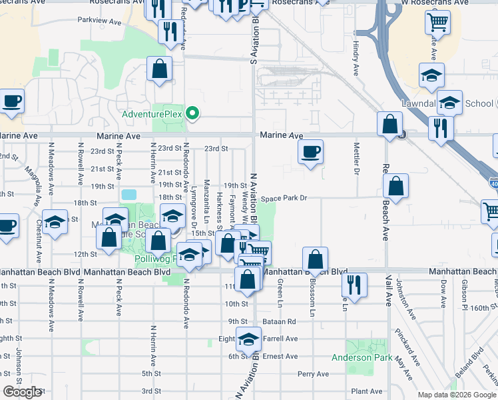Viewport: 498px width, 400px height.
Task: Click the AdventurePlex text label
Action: (x=151, y=114)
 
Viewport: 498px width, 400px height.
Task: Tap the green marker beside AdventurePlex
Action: (x=192, y=113)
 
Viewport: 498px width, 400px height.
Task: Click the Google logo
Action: (x=22, y=392)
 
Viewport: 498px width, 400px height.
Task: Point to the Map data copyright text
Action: (x=456, y=395)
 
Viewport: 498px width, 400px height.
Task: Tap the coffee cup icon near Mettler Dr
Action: (x=310, y=152)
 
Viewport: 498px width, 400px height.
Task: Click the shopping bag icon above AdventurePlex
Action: (x=160, y=69)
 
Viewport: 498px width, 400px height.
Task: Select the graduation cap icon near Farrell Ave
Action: (x=248, y=340)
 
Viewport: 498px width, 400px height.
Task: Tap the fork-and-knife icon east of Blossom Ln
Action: (x=354, y=285)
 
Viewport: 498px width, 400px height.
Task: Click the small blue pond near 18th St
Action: (x=129, y=195)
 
